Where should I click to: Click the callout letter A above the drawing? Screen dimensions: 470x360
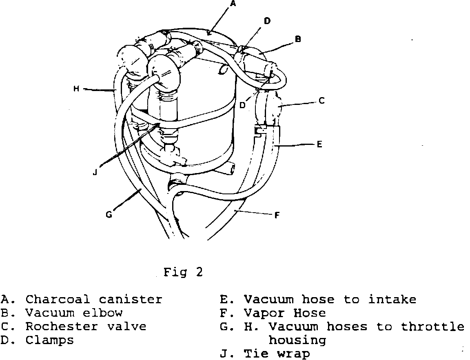[233, 4]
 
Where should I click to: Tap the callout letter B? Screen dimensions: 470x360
[298, 39]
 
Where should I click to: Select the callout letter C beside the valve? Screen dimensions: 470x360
[321, 100]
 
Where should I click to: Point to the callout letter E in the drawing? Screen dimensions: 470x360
[319, 144]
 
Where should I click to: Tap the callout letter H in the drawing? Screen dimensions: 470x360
[76, 88]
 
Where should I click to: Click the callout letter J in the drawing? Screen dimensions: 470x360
[95, 172]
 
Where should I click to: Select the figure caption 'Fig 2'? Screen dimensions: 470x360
[183, 272]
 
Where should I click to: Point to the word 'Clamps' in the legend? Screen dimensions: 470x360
[49, 340]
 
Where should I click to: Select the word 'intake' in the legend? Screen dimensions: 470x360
[392, 300]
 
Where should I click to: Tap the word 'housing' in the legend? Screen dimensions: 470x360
[297, 340]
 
